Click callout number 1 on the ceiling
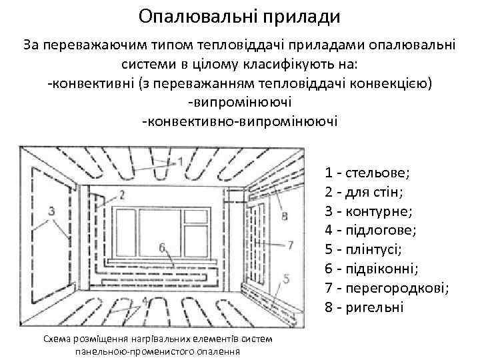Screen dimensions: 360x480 tap(181, 162)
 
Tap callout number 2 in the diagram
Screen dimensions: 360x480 tap(122, 195)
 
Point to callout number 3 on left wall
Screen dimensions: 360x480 tap(51, 211)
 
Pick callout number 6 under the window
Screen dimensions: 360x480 tap(162, 247)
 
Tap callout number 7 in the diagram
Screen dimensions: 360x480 tap(289, 245)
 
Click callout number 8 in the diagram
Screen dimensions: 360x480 tap(285, 215)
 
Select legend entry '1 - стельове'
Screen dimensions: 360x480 tap(368, 174)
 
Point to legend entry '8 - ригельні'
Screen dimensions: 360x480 tap(365, 307)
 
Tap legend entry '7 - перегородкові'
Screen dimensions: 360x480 tap(387, 288)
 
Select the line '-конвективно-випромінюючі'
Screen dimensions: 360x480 tap(239, 122)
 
